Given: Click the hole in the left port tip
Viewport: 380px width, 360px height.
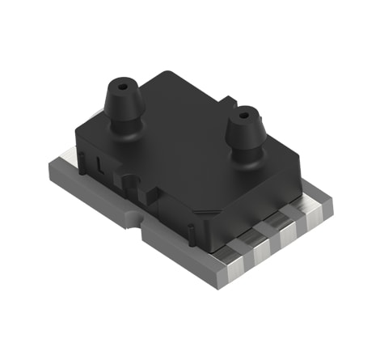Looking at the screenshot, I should click(x=122, y=83).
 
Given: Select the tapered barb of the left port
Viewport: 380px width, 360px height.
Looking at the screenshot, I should click(x=121, y=101).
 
